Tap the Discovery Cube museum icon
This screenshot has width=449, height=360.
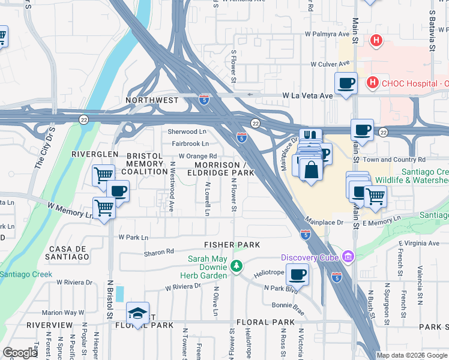pos(348,257)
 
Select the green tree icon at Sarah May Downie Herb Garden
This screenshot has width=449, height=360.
pos(237,265)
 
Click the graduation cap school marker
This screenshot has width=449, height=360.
pos(138,313)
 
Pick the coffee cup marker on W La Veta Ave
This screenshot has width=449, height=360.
pos(346,83)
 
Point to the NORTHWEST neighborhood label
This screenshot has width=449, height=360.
pos(152,100)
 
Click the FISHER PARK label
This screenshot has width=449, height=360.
pos(232,245)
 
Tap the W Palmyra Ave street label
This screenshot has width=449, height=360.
pos(327,34)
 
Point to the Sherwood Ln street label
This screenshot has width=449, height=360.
pos(187,131)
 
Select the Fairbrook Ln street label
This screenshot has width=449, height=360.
pos(190,143)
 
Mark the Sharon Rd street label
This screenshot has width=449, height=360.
pos(158,252)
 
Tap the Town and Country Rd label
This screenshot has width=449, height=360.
pos(394,160)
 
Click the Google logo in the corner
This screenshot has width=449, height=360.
pos(20,353)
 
